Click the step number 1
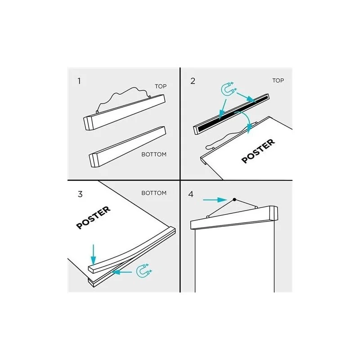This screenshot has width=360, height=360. click(79, 81)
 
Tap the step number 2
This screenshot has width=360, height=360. click(193, 81)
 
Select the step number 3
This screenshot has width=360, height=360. click(80, 194)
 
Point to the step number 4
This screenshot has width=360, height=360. click(191, 194)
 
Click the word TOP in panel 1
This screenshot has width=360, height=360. click(161, 86)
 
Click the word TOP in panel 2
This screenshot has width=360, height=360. click(278, 81)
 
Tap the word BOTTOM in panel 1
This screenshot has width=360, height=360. click(154, 154)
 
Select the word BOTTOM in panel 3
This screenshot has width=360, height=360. click(154, 193)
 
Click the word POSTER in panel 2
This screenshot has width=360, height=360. click(258, 151)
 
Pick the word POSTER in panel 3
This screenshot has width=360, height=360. click(93, 218)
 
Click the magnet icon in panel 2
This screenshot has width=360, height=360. click(228, 89)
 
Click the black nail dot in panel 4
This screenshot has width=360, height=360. click(234, 199)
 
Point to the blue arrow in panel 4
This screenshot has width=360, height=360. click(215, 200)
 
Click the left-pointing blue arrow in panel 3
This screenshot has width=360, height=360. click(121, 272)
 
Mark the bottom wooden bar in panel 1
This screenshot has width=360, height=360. click(127, 147)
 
